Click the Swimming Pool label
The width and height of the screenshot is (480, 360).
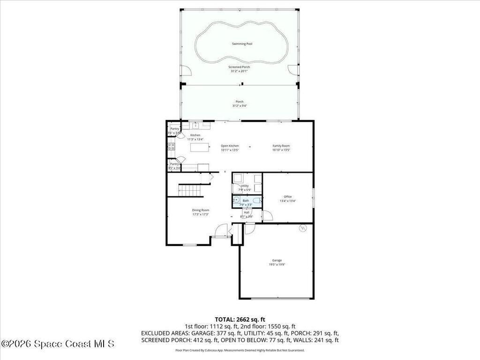click(242, 44)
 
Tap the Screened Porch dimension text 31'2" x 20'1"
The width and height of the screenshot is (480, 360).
click(240, 71)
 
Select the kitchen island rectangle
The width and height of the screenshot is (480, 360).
click(199, 147)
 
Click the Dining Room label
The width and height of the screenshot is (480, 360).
click(201, 210)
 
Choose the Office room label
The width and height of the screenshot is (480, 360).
click(288, 196)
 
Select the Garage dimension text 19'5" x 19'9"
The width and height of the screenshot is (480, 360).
click(277, 264)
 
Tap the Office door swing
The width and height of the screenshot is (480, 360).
click(267, 216)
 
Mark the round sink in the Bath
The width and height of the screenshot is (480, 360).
click(236, 200)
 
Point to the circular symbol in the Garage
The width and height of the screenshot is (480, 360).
click(302, 228)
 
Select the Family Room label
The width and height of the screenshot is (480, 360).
click(281, 146)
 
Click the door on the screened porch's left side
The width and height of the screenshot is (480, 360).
click(186, 71)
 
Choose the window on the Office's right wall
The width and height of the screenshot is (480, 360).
click(314, 195)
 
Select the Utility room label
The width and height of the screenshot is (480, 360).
click(245, 186)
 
